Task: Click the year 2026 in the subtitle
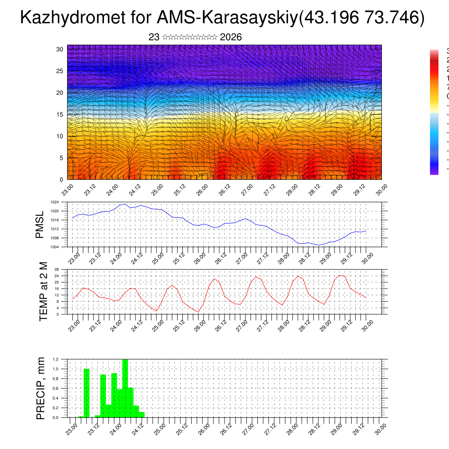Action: click(231, 37)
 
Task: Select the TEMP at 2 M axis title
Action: click(43, 292)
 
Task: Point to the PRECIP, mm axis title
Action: click(41, 388)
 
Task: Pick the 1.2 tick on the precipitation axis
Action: click(56, 359)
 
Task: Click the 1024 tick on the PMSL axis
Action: click(54, 203)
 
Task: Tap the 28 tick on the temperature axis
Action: click(56, 269)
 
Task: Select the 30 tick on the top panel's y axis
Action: click(60, 49)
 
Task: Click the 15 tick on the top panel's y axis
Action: click(60, 114)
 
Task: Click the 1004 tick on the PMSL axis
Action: click(54, 247)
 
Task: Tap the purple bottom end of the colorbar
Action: click(434, 172)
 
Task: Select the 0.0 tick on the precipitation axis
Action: click(56, 417)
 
